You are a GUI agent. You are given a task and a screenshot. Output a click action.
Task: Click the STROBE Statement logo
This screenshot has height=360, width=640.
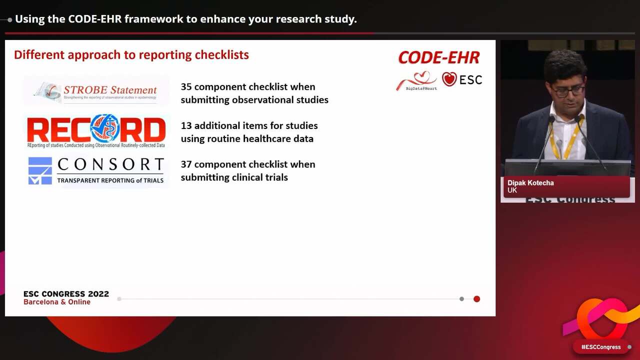click(96, 91)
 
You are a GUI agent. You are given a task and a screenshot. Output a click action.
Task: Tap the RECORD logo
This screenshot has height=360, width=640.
click(96, 130)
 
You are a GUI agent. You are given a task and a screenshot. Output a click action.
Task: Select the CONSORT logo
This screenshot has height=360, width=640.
click(96, 170)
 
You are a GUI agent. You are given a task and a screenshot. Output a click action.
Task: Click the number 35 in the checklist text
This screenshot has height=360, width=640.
click(186, 86)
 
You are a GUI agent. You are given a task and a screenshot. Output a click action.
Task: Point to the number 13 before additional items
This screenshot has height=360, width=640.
click(186, 125)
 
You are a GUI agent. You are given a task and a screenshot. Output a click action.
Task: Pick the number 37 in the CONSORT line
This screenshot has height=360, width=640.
click(186, 164)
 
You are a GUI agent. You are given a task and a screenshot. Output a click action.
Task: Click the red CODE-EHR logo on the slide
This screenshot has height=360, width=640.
click(438, 58)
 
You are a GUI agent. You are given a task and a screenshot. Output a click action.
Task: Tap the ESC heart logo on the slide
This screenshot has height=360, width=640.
click(462, 79)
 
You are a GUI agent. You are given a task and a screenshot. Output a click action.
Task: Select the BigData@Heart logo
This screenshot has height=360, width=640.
click(416, 81)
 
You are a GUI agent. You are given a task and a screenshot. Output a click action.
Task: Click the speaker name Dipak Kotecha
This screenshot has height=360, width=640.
click(530, 183)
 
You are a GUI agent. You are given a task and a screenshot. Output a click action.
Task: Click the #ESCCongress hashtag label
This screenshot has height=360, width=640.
click(600, 347)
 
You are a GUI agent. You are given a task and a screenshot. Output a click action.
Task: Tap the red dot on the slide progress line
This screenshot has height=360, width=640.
click(476, 299)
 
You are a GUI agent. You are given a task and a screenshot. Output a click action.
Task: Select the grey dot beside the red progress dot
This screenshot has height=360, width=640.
click(461, 299)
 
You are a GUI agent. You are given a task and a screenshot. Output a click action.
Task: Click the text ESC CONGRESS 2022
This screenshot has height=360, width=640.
click(66, 294)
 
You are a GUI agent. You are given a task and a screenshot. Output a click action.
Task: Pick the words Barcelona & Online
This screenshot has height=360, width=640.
click(57, 302)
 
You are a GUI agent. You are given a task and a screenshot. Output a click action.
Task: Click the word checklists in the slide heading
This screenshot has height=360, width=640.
click(221, 55)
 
